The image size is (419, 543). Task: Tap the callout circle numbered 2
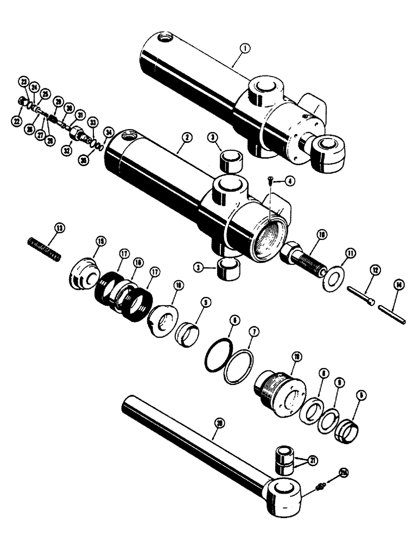(x=186, y=138)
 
